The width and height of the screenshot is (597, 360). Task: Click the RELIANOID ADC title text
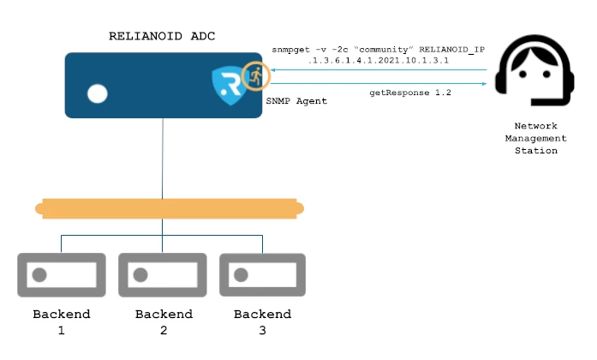click(162, 36)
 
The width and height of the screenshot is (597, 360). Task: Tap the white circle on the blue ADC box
click(98, 93)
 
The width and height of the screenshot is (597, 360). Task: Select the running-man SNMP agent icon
click(256, 76)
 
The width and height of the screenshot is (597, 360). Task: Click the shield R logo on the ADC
click(230, 85)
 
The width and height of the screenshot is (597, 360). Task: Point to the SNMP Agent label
click(296, 101)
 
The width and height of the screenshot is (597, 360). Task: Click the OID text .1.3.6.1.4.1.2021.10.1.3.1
click(379, 60)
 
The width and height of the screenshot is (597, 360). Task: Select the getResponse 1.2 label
click(410, 93)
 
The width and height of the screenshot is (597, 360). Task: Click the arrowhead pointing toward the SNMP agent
click(273, 69)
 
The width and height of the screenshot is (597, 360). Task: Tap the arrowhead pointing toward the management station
click(484, 83)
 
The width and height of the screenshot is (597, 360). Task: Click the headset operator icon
click(534, 70)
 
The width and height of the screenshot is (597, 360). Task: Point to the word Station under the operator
click(536, 151)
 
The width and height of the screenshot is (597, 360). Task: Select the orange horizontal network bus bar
click(170, 209)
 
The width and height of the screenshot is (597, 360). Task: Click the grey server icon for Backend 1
click(62, 275)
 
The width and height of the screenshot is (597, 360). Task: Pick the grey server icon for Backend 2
click(163, 275)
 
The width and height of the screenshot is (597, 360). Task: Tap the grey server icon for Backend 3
click(263, 275)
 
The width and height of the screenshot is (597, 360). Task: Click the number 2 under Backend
click(164, 330)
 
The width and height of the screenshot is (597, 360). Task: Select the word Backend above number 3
click(262, 314)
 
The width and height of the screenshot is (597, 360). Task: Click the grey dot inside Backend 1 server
click(39, 274)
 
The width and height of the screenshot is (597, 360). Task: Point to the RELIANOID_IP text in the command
click(452, 50)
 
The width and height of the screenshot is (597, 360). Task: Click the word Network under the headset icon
click(535, 126)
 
